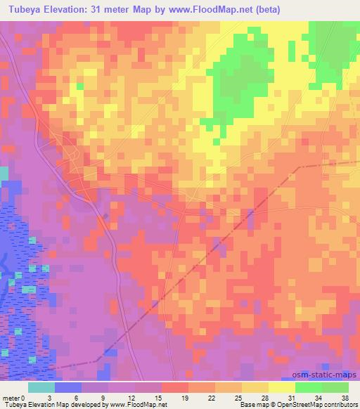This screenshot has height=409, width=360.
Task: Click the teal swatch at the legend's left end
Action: tap(41, 387)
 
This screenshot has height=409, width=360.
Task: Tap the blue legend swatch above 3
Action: tap(68, 387)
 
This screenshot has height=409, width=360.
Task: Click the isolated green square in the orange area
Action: tap(79, 86)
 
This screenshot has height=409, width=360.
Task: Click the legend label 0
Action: tap(30, 396)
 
